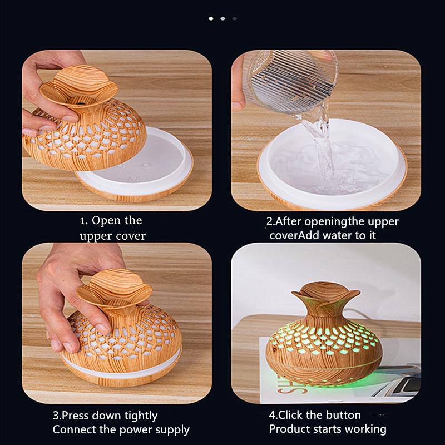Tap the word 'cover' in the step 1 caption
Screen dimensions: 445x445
pos(128,236)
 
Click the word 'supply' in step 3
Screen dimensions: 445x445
pos(172,429)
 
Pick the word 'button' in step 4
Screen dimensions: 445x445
pos(344,415)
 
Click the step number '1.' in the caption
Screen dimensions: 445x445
pos(84,221)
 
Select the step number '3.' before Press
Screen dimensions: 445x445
pos(57,416)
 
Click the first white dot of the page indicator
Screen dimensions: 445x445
pos(211,18)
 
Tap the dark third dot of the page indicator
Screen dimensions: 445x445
pos(234,18)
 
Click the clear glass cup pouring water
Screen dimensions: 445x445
pos(290,78)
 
